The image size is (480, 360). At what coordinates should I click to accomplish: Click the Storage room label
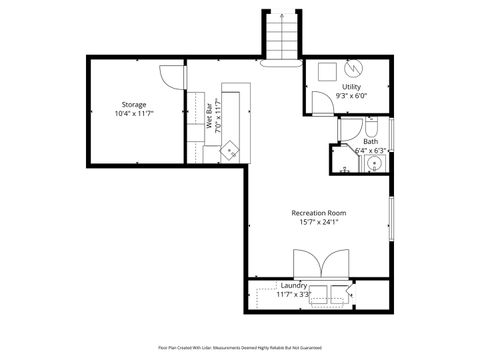(x=134, y=104)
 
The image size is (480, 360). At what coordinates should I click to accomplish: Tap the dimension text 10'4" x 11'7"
(x=134, y=114)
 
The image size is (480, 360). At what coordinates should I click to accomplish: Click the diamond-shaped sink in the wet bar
(x=231, y=149)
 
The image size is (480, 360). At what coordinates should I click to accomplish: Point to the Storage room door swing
(x=180, y=104)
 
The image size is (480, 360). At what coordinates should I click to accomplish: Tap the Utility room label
(x=351, y=87)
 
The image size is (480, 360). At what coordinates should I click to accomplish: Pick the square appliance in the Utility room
(x=326, y=71)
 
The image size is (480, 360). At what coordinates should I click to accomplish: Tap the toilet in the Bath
(x=368, y=129)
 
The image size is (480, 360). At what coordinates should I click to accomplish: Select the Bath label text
(x=369, y=142)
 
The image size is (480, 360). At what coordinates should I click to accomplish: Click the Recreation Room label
(x=318, y=212)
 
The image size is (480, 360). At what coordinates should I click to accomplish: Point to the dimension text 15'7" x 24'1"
(x=318, y=222)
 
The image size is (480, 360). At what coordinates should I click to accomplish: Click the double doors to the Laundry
(x=320, y=266)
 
